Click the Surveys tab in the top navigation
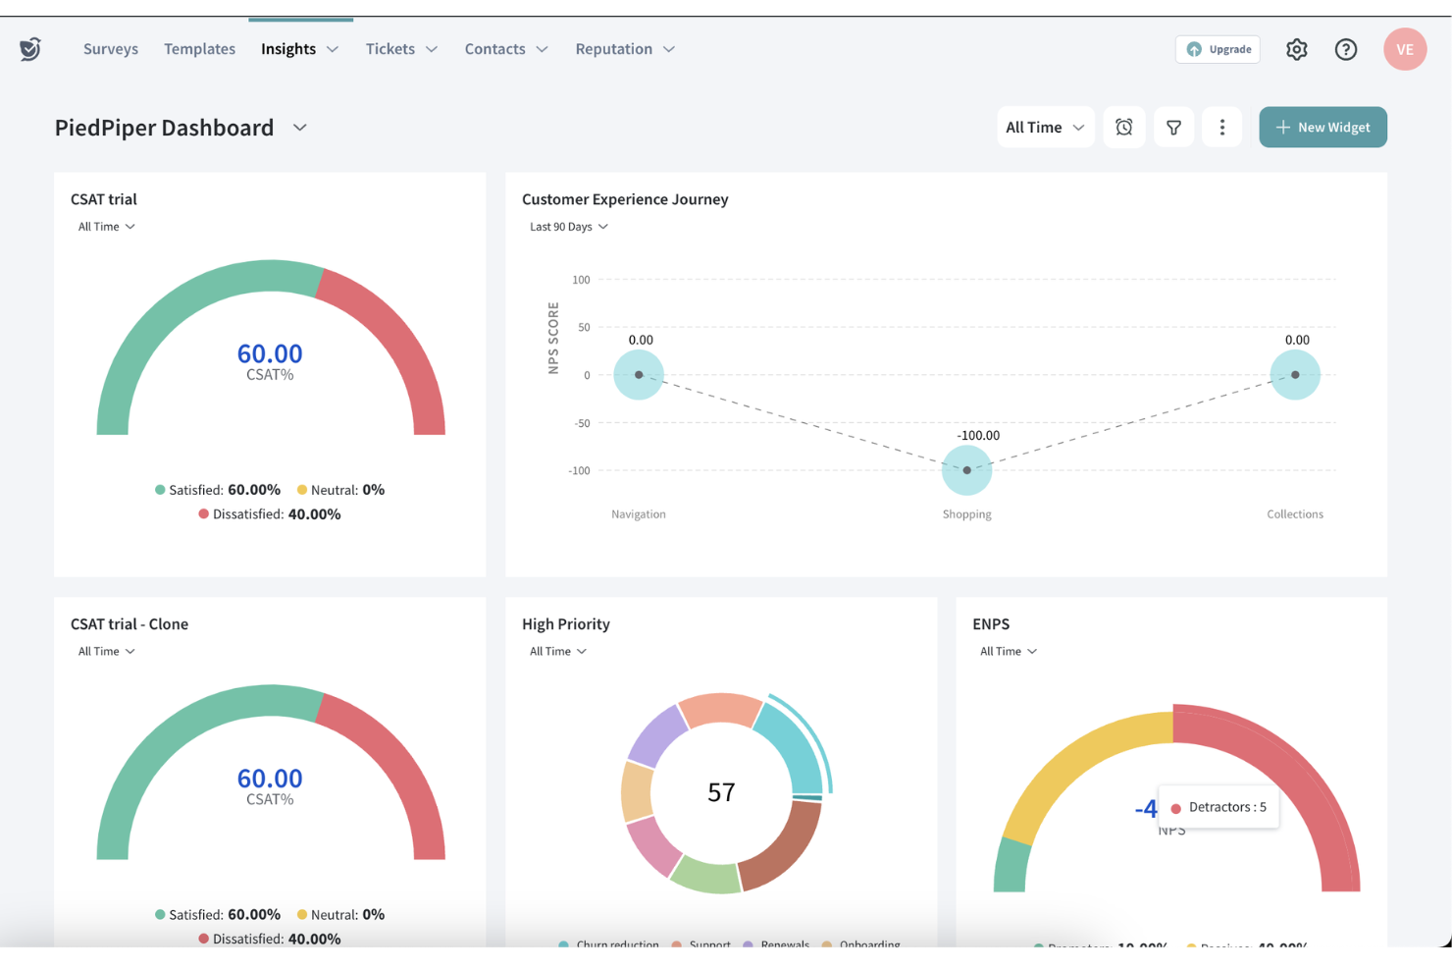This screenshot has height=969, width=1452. pyautogui.click(x=110, y=49)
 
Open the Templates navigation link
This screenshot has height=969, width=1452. pyautogui.click(x=199, y=49)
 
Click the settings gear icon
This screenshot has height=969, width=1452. pyautogui.click(x=1296, y=49)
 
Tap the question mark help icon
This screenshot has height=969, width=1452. pyautogui.click(x=1345, y=49)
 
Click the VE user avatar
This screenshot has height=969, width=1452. pyautogui.click(x=1404, y=49)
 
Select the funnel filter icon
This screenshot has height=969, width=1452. pyautogui.click(x=1172, y=128)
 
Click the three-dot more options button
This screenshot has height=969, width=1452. pyautogui.click(x=1221, y=128)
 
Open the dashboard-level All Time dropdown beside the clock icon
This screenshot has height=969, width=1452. pyautogui.click(x=1044, y=128)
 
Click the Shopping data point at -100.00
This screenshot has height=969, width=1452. pyautogui.click(x=966, y=470)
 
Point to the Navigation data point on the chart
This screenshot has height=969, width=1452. pyautogui.click(x=639, y=375)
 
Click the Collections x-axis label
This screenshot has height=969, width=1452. pyautogui.click(x=1294, y=514)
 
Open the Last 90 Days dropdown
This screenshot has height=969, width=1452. pyautogui.click(x=568, y=227)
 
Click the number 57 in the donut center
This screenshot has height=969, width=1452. pyautogui.click(x=721, y=792)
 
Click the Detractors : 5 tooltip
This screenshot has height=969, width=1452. pyautogui.click(x=1219, y=807)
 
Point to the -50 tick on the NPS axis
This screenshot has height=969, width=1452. pyautogui.click(x=583, y=423)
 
